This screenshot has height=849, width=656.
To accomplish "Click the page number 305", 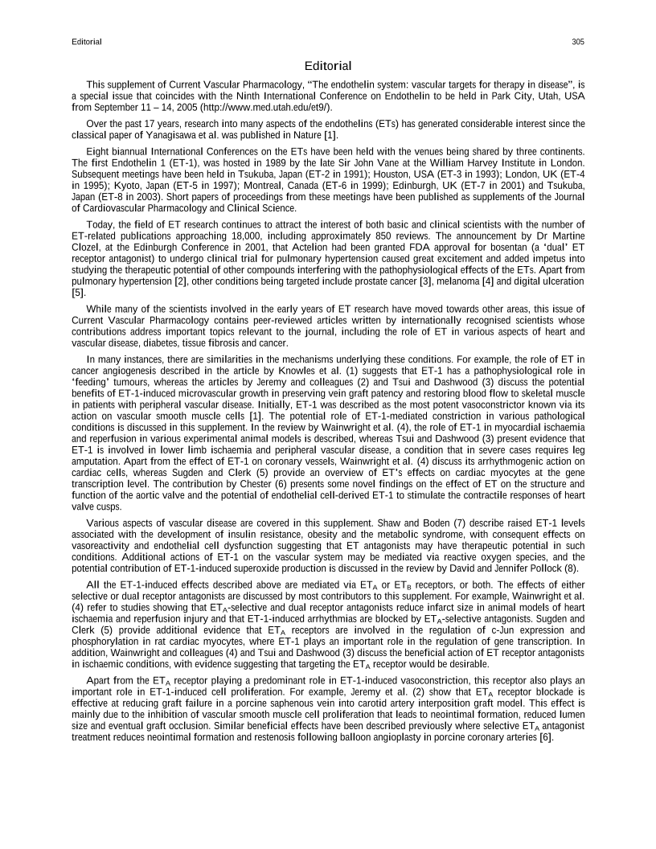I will [x=578, y=42].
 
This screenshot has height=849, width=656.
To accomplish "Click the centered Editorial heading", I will [x=328, y=65].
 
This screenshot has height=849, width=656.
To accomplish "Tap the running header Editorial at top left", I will [x=86, y=42].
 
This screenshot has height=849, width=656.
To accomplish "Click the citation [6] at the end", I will [x=546, y=737].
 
